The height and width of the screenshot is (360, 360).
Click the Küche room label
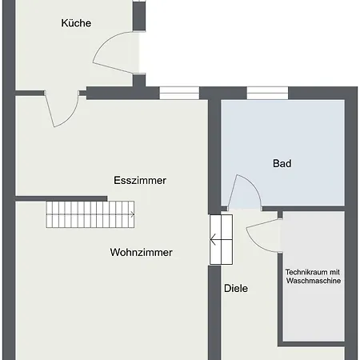pyautogui.click(x=76, y=23)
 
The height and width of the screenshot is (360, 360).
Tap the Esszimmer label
pyautogui.click(x=140, y=180)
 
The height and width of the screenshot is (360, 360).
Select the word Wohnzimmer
pyautogui.click(x=142, y=252)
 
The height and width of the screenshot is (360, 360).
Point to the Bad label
pyautogui.click(x=282, y=163)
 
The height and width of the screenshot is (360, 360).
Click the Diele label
pyautogui.click(x=236, y=288)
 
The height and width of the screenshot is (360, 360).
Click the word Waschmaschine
pyautogui.click(x=314, y=281)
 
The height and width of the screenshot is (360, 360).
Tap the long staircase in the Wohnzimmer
pyautogui.click(x=90, y=214)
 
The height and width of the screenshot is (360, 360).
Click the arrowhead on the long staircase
pyautogui.click(x=133, y=214)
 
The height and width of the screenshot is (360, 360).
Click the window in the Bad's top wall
pyautogui.click(x=267, y=93)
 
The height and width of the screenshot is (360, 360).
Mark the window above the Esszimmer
pyautogui.click(x=179, y=93)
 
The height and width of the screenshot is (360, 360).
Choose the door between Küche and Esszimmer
pyautogui.click(x=62, y=110)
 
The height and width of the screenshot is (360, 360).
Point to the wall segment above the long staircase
pyautogui.click(x=61, y=198)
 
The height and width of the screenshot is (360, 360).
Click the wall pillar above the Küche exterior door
pyautogui.click(x=139, y=16)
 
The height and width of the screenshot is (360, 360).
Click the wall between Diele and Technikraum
pyautogui.click(x=280, y=298)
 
